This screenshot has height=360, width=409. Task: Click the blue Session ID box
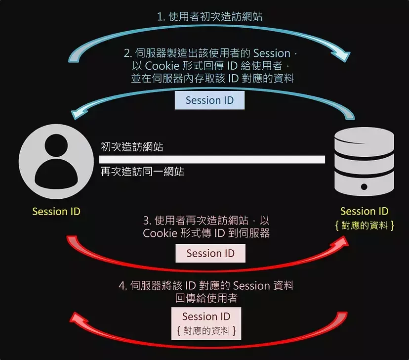coord(210,100)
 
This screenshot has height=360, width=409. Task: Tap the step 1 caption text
coord(209,17)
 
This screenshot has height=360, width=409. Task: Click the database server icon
coord(364,161)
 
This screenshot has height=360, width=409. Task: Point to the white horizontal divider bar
coord(212,159)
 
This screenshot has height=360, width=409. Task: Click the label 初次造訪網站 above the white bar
coord(132,147)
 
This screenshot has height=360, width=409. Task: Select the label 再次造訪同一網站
coord(142,172)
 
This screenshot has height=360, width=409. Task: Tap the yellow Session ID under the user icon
coord(56,212)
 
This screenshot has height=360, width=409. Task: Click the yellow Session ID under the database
coord(365,211)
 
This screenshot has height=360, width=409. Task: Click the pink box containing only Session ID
coord(210,254)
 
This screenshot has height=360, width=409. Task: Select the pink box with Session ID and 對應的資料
coord(206,323)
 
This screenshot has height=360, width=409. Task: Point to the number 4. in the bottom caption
coord(123,286)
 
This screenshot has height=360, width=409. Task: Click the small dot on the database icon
coord(364,187)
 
